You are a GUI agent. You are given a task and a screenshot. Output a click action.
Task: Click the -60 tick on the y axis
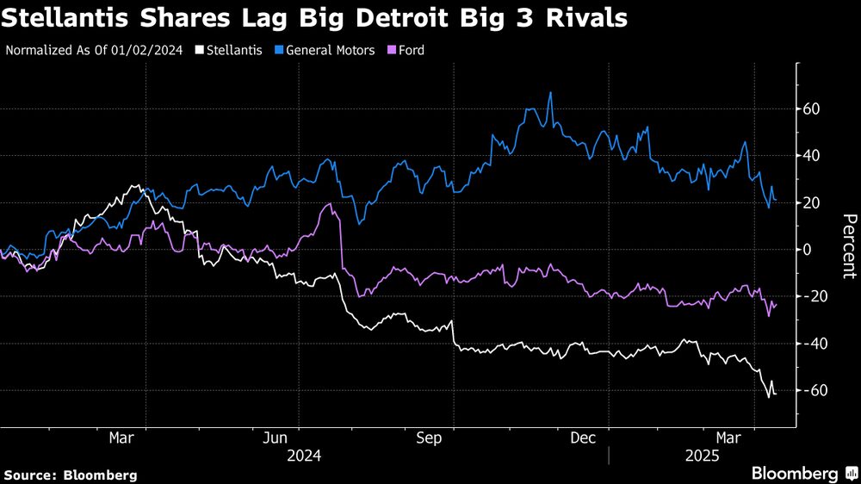coord(813,390)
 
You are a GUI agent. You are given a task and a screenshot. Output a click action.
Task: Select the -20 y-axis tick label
coord(813,296)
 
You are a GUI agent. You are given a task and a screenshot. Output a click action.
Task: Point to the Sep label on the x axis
coord(429,437)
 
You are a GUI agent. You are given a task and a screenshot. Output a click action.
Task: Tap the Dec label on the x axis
coord(584,437)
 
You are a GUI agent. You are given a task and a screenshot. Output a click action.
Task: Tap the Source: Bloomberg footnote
coord(71,475)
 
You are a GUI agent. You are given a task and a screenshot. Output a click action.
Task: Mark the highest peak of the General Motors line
coord(550,93)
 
